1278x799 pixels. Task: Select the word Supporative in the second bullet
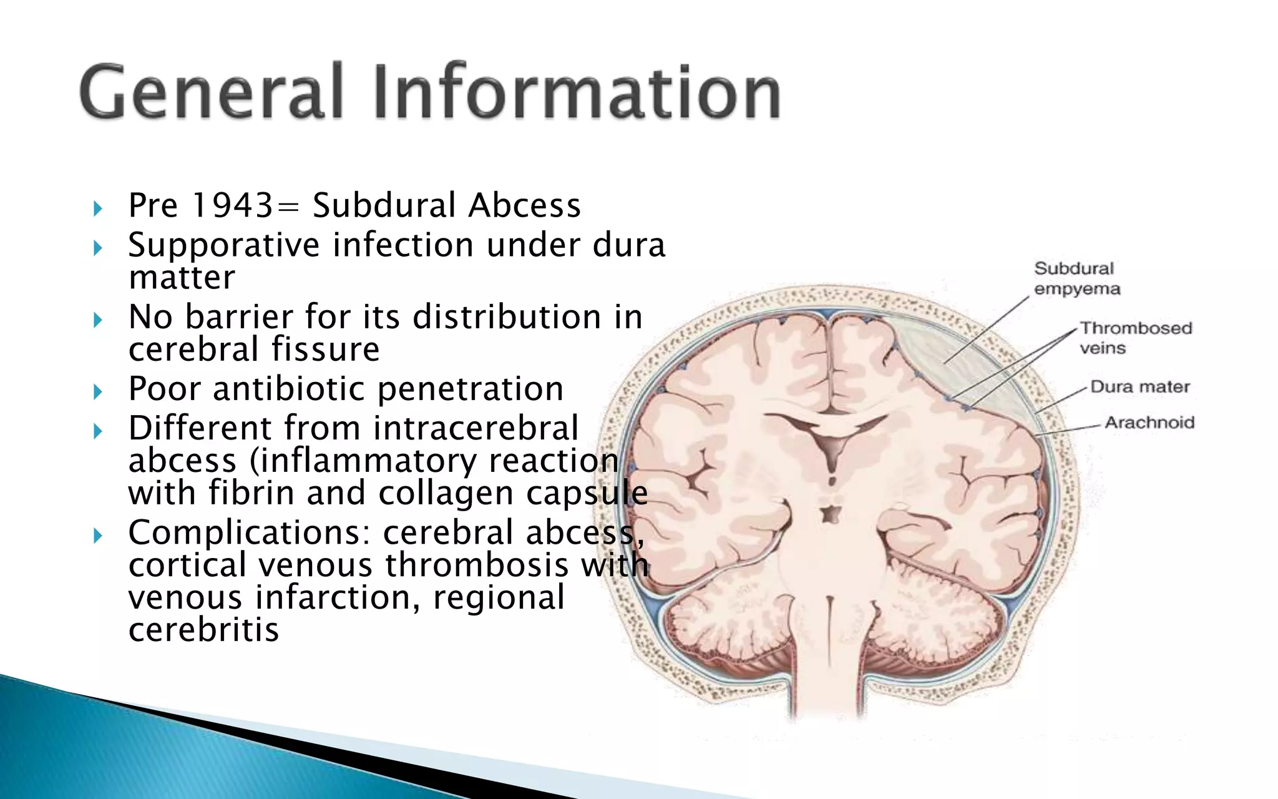click(x=223, y=245)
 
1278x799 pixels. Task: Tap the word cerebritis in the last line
click(x=203, y=630)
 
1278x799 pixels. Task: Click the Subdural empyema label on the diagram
click(x=1076, y=278)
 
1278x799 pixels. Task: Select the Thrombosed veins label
click(x=1135, y=338)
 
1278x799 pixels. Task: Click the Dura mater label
click(x=1139, y=387)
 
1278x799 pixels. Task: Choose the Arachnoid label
click(x=1149, y=423)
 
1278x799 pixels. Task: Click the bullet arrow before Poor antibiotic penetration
click(x=97, y=391)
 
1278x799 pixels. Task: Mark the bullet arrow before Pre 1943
click(x=97, y=208)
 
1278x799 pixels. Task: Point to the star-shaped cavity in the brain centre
click(x=830, y=514)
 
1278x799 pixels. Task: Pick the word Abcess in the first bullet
click(x=524, y=205)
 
